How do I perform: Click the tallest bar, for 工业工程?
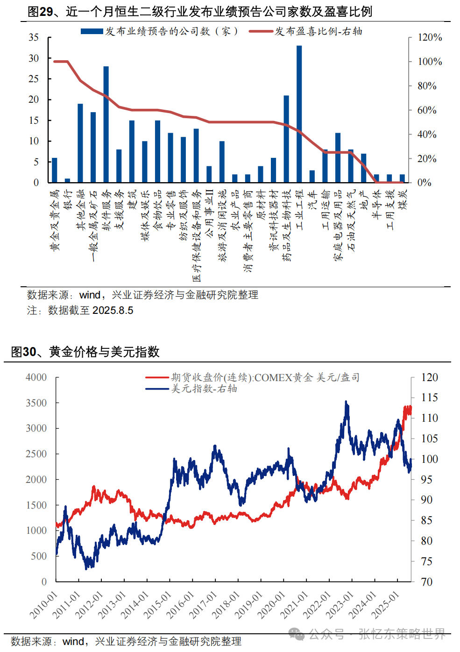tap(299, 114)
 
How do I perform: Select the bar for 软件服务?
tap(106, 124)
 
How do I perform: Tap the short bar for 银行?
tap(67, 180)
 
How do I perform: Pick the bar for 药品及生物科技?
tap(286, 139)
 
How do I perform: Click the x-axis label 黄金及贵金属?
tap(55, 220)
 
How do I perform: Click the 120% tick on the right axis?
tap(429, 37)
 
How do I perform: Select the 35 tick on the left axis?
tap(34, 37)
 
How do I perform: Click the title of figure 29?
tap(200, 12)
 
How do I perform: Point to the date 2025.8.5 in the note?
tap(113, 311)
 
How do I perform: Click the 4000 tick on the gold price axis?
tap(36, 377)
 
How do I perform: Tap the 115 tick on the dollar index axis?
tap(429, 397)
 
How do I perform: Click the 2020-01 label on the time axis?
tap(272, 605)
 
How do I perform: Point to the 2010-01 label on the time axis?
tap(43, 605)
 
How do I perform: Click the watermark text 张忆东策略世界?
tap(402, 634)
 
